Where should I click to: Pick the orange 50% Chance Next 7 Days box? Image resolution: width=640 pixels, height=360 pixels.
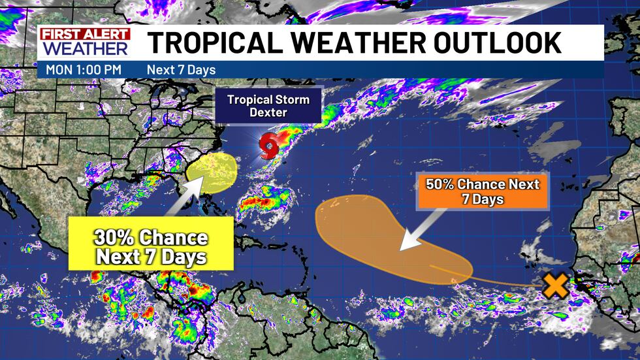pyautogui.click(x=483, y=191)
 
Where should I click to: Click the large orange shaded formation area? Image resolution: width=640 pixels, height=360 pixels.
pyautogui.click(x=379, y=232)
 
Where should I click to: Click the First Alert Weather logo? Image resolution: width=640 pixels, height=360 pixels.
pyautogui.click(x=84, y=42)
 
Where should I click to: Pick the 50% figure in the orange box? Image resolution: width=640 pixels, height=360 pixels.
pyautogui.click(x=441, y=184)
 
